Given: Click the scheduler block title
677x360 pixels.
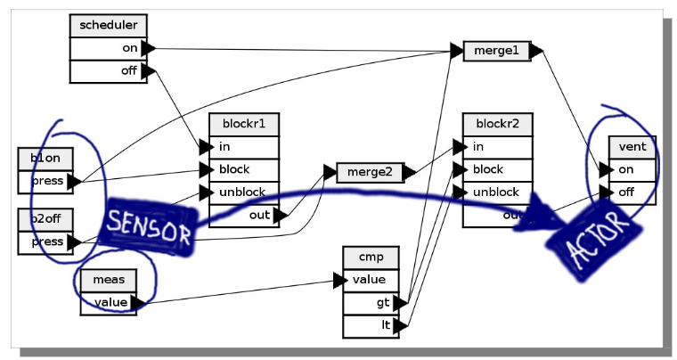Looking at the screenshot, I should [x=108, y=26].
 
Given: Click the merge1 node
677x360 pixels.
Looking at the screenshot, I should [x=496, y=51].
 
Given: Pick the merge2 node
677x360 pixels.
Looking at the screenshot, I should [x=370, y=172].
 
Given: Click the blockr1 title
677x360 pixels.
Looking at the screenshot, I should [x=243, y=124].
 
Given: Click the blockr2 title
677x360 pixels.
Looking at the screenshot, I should [x=497, y=124].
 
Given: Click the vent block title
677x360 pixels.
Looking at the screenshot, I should [x=632, y=146].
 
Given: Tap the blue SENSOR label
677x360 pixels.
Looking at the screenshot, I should [x=149, y=227].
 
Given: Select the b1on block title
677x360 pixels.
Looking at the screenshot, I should [x=45, y=159].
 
